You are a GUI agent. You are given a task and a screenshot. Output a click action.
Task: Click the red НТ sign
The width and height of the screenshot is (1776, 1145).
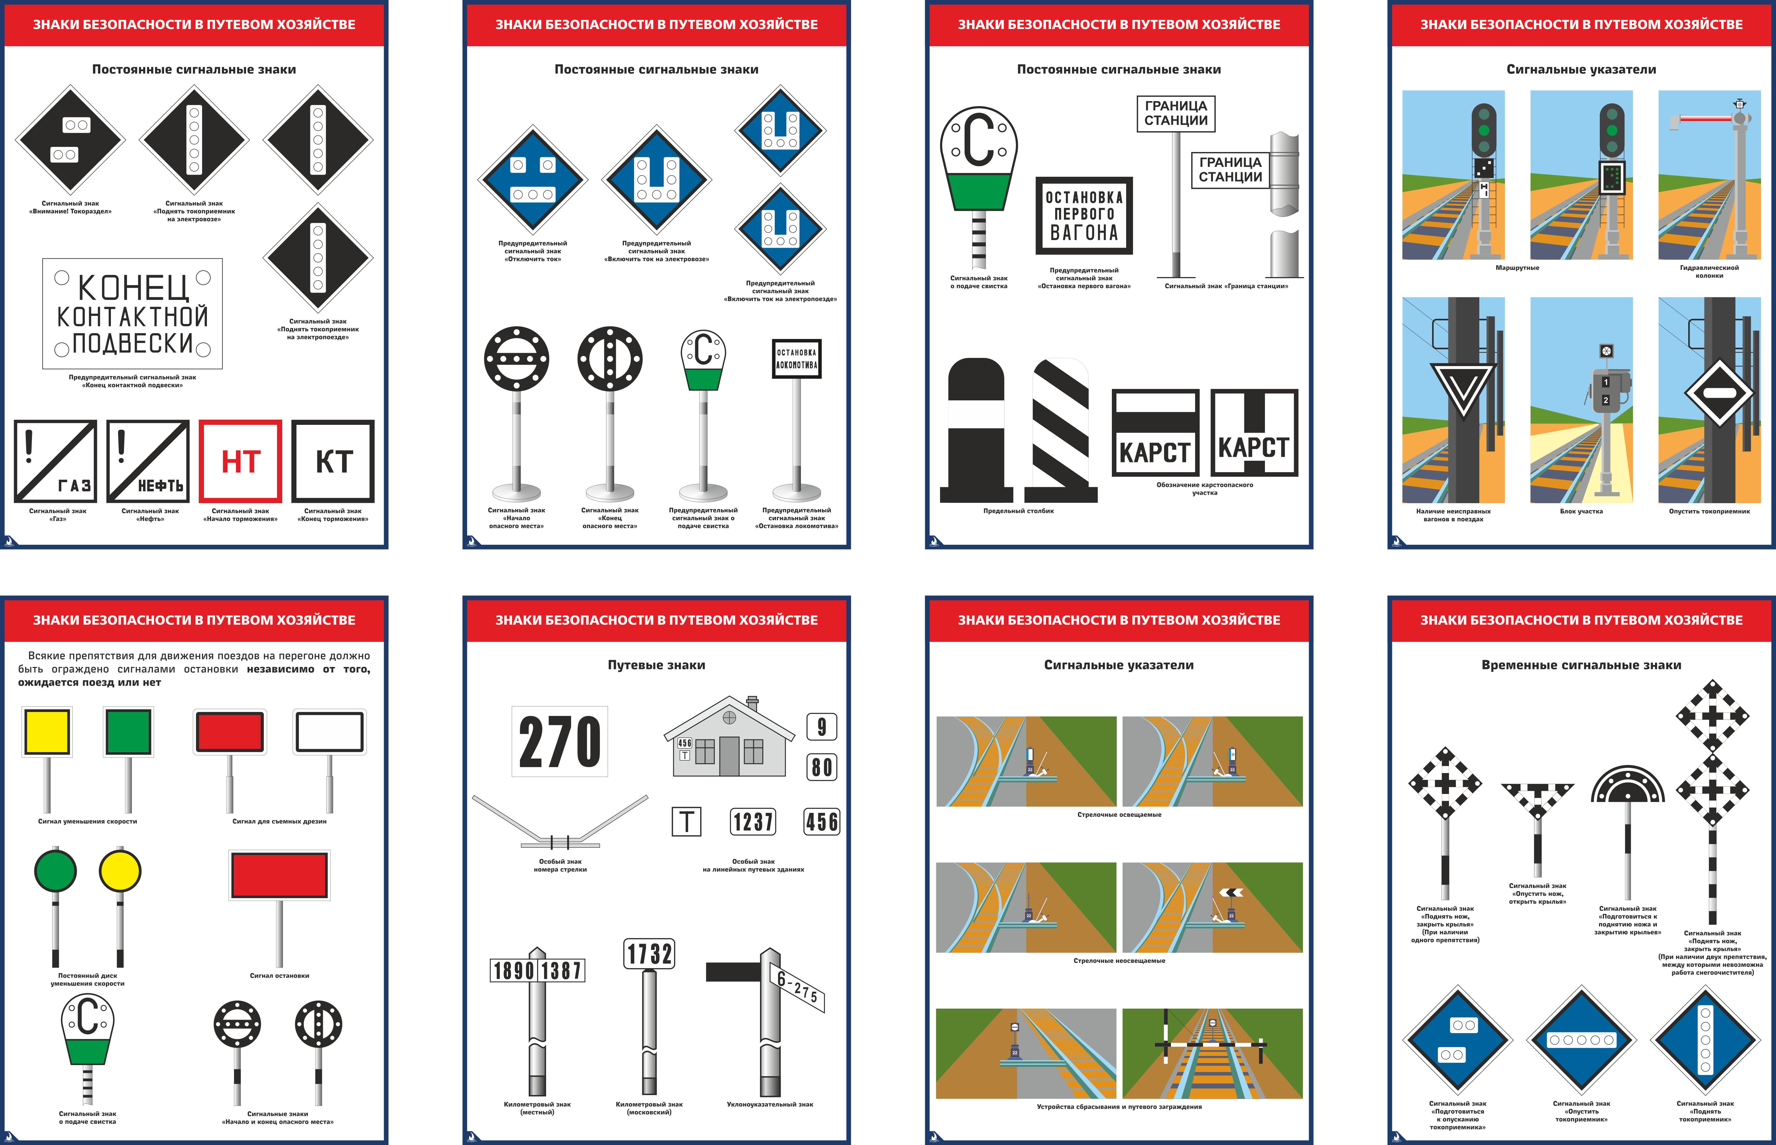[x=240, y=461]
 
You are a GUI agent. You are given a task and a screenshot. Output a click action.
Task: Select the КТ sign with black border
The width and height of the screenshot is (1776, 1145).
[x=333, y=461]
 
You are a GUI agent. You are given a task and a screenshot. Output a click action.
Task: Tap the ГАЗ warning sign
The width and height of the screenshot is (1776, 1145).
[x=56, y=461]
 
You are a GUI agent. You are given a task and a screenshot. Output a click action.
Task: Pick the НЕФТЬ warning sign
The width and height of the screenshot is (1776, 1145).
[x=148, y=461]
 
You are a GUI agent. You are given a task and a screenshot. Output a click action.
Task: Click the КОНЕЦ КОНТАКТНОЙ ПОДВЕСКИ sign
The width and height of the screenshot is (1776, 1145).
[x=132, y=314]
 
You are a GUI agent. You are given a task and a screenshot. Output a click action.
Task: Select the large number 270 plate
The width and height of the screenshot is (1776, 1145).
[x=560, y=741]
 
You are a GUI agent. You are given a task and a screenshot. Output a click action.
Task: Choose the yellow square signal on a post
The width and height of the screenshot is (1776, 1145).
[x=48, y=732]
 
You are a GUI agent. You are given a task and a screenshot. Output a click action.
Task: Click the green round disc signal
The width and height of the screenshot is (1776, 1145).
[x=55, y=871]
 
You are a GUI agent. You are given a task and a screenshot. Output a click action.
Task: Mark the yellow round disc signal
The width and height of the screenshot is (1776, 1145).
[x=120, y=871]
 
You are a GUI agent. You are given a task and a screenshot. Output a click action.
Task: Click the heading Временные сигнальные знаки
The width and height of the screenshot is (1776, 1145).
[x=1581, y=665]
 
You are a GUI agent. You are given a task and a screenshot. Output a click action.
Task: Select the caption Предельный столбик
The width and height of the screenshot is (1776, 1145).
[x=1019, y=511]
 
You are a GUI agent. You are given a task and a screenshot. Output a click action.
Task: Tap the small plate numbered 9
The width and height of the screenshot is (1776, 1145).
[x=821, y=726]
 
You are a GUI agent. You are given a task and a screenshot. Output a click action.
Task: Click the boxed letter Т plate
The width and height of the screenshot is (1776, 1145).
[x=686, y=822]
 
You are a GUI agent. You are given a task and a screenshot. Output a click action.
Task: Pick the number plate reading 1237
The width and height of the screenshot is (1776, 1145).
[x=753, y=822]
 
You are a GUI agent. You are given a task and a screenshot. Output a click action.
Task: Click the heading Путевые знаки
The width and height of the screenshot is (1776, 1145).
[x=656, y=665]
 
